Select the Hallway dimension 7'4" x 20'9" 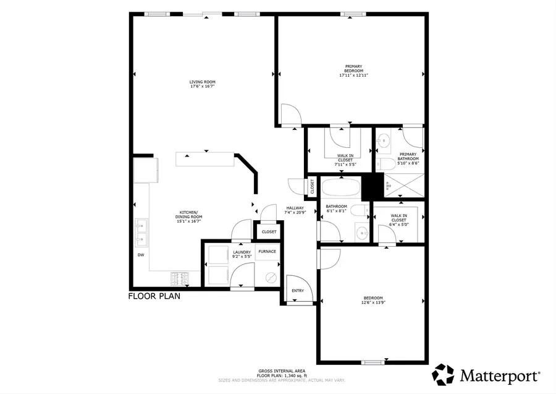pos(295,212)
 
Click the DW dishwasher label pos(141,255)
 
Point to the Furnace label pos(267,252)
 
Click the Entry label pos(298,291)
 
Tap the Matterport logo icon pos(443,375)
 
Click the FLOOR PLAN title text pos(154,296)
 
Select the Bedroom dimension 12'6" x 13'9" pos(373,302)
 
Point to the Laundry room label pos(242,254)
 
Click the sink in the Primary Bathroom pos(383,139)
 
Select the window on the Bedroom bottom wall pos(372,362)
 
